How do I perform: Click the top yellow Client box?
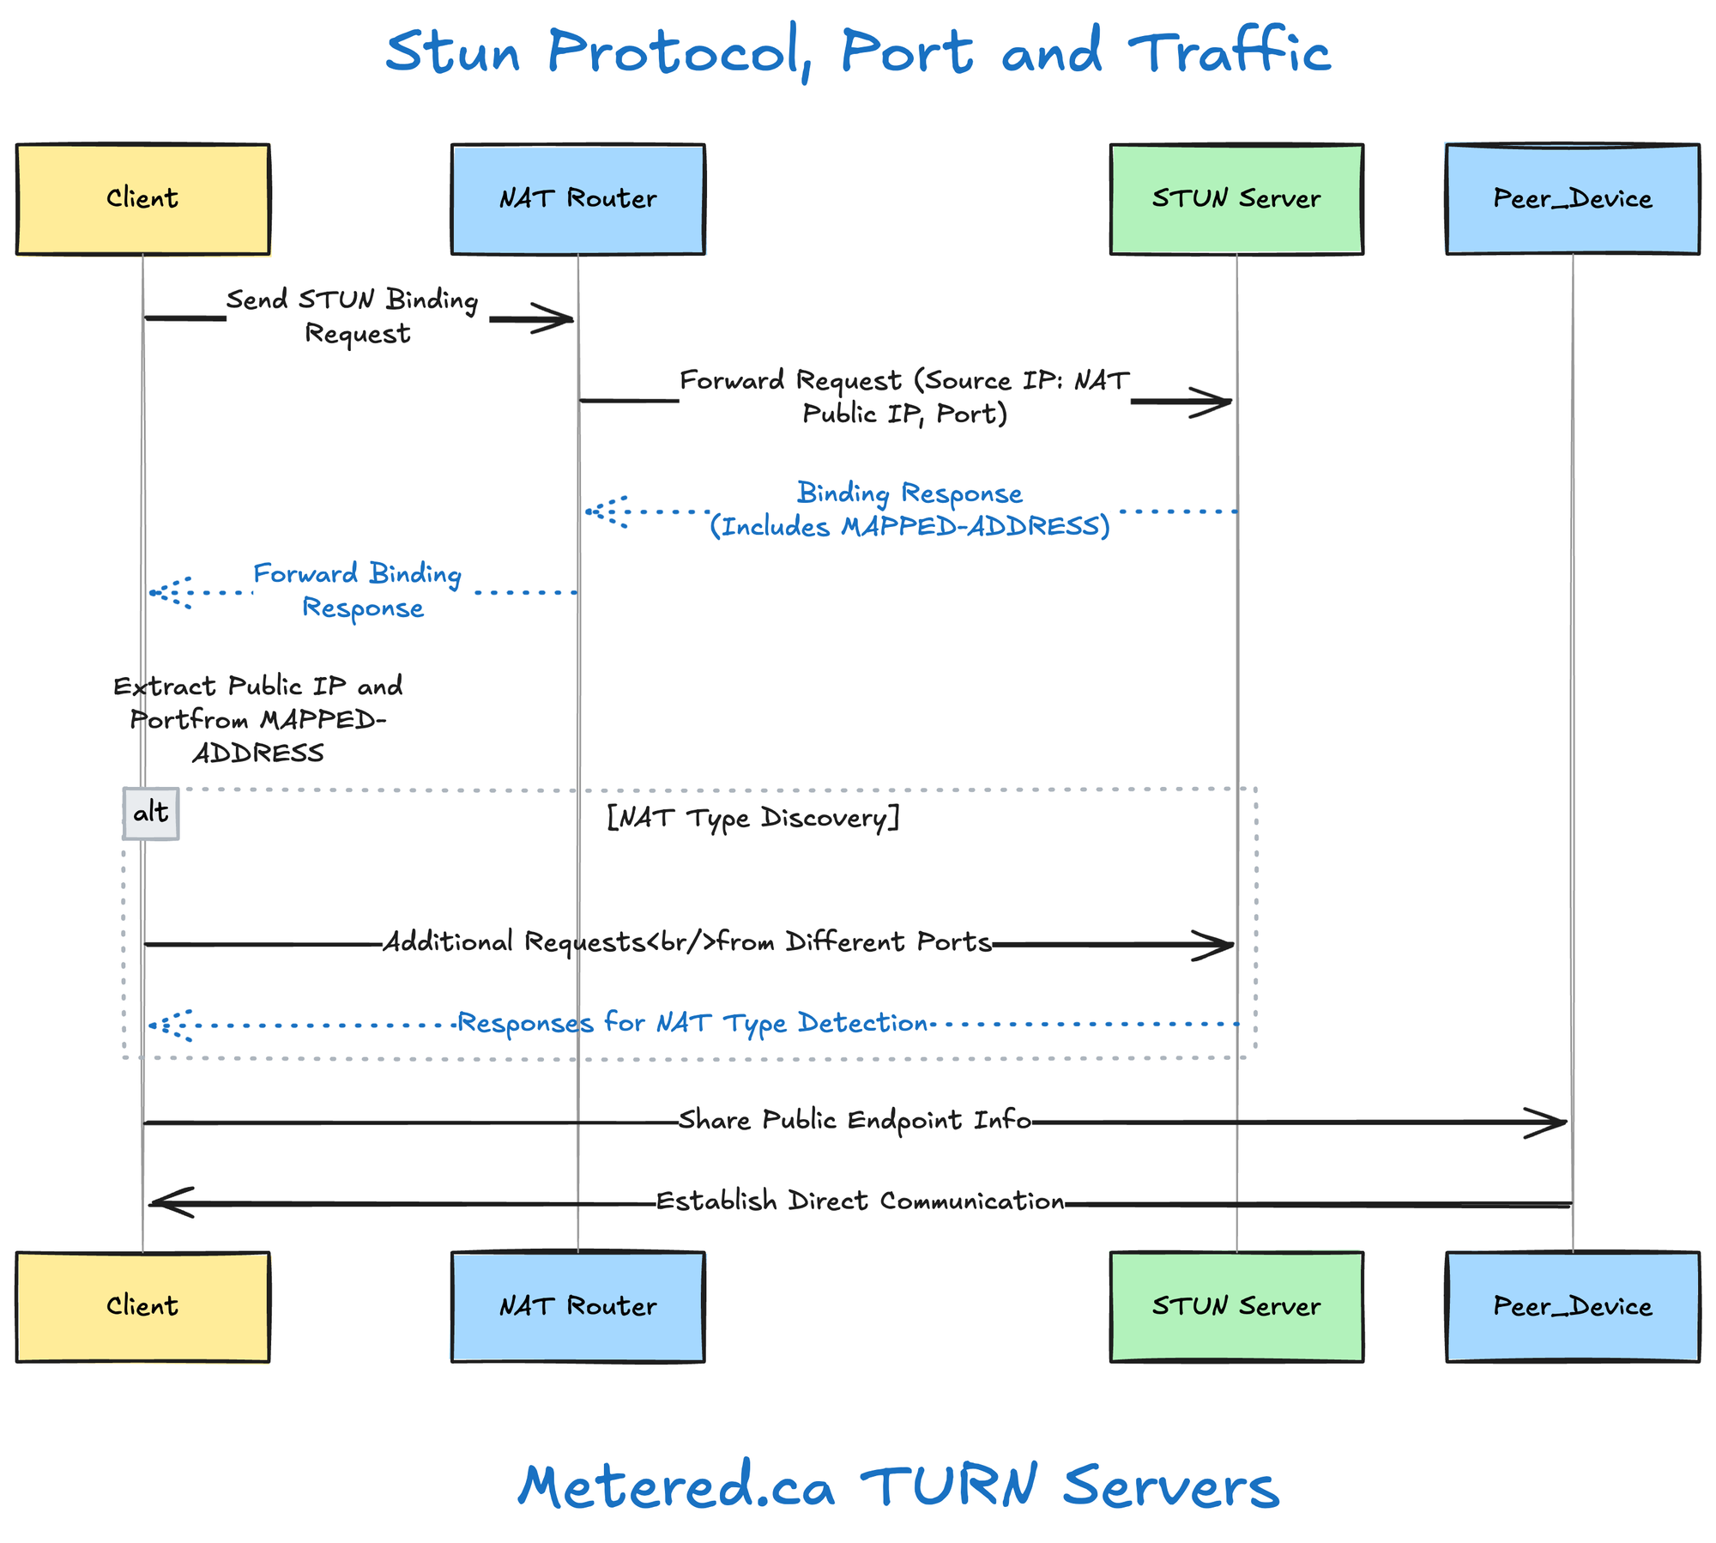[x=142, y=199]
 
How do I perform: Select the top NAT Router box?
[x=577, y=199]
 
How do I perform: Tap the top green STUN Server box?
[x=1236, y=199]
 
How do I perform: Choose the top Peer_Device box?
[x=1572, y=199]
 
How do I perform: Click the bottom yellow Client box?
[x=142, y=1306]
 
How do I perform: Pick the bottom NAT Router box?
[x=577, y=1306]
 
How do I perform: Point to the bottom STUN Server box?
[x=1236, y=1306]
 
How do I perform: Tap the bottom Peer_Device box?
[x=1572, y=1306]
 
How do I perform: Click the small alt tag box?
[x=151, y=813]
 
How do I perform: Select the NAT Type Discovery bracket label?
[x=752, y=818]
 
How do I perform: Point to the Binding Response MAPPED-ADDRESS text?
[x=909, y=510]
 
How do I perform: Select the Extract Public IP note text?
[x=257, y=719]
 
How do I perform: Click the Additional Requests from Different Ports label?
[x=686, y=942]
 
